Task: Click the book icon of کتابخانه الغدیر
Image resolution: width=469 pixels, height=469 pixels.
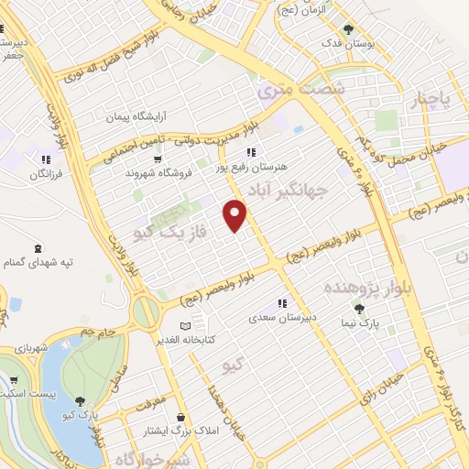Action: click(187, 325)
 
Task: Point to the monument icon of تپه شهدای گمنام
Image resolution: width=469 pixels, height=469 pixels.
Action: click(37, 249)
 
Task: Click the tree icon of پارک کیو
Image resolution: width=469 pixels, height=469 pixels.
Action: click(82, 400)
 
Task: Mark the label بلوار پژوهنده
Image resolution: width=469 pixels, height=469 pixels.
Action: click(393, 284)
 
